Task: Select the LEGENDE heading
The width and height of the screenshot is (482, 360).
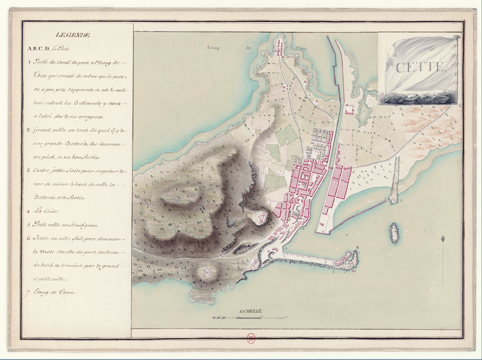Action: pyautogui.click(x=73, y=35)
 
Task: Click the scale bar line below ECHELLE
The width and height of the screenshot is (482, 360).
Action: pyautogui.click(x=250, y=318)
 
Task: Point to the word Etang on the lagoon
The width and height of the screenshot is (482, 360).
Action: pyautogui.click(x=213, y=47)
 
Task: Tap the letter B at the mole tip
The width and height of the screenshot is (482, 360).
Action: pyautogui.click(x=357, y=247)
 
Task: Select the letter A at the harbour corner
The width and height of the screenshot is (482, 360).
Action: pyautogui.click(x=285, y=249)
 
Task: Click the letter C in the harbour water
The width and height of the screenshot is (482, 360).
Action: pyautogui.click(x=347, y=235)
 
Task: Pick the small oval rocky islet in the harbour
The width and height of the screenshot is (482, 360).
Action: pyautogui.click(x=395, y=233)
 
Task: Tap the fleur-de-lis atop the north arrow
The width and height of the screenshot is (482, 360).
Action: pyautogui.click(x=443, y=238)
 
